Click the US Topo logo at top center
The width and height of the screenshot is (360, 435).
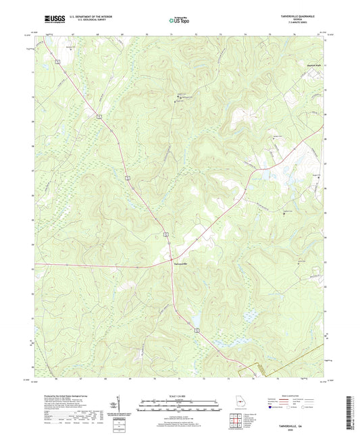point(177,21)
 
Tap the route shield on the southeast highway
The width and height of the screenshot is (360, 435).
point(197,330)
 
